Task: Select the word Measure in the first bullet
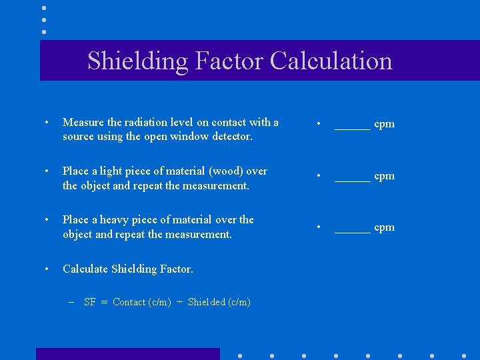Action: [83, 122]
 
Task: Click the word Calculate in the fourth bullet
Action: [85, 269]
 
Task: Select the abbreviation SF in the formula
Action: [90, 302]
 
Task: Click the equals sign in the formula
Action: [104, 302]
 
